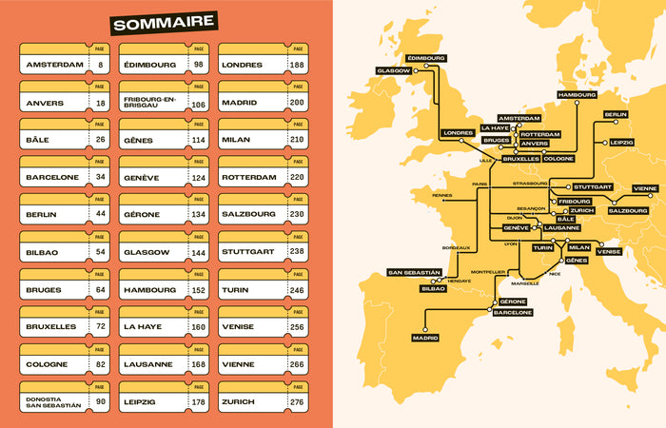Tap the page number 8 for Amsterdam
tap(100, 66)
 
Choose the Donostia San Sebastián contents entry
tap(52, 401)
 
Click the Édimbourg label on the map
tap(425, 58)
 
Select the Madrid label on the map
tap(425, 338)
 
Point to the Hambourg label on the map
tap(577, 95)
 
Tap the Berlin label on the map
tap(615, 114)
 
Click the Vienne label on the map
tap(644, 188)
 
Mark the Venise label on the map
tap(609, 251)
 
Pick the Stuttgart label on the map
tap(593, 187)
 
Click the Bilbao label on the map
tap(432, 288)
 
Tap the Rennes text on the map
tap(442, 194)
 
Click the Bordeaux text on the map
tap(457, 247)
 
